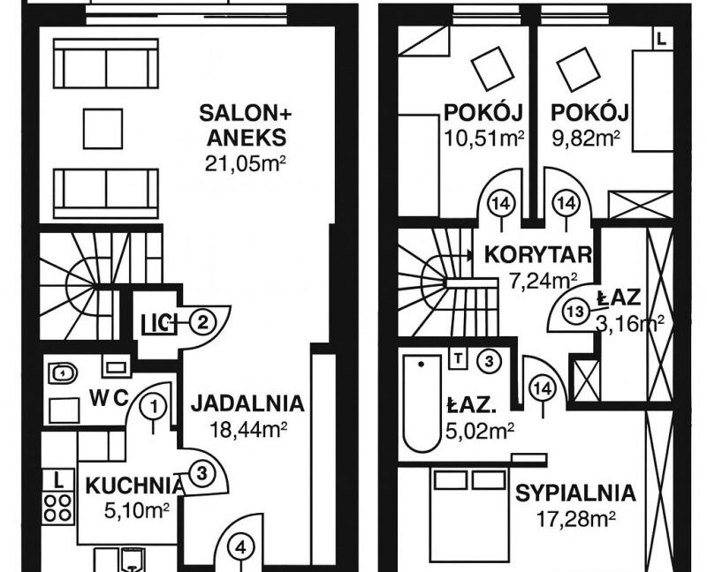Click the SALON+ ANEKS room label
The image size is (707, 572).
tap(246, 125)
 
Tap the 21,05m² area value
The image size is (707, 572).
tap(246, 164)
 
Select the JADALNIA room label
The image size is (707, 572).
tap(247, 403)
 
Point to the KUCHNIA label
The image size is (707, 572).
tap(135, 486)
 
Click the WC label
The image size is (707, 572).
tap(109, 398)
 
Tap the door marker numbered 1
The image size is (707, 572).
tap(154, 408)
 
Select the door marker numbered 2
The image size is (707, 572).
tap(202, 322)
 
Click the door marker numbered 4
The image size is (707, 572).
tap(241, 549)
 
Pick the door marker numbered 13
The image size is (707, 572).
tap(576, 312)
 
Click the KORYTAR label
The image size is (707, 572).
tap(538, 255)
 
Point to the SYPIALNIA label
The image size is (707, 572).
tap(575, 493)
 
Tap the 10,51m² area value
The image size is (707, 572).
tap(483, 139)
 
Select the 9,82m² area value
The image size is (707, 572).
tap(586, 139)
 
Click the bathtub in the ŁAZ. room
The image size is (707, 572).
tap(422, 403)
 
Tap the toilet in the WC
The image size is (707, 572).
tap(62, 373)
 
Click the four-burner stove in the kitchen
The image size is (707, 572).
tap(58, 508)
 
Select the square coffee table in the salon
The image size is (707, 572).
tap(103, 129)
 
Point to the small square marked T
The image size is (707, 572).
tap(459, 359)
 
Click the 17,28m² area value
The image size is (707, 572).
tap(576, 519)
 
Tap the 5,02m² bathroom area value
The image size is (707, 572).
tap(480, 431)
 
